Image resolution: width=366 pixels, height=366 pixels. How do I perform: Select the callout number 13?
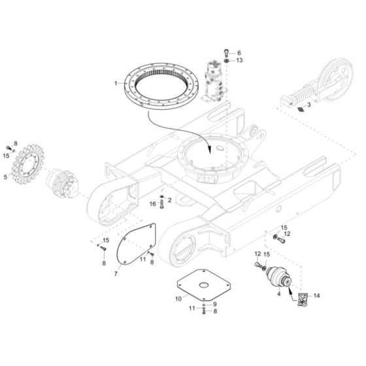[239, 60]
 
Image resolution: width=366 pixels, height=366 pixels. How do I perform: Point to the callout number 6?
[239, 53]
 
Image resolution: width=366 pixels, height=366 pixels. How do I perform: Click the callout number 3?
[308, 105]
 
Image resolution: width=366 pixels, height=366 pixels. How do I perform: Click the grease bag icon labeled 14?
[303, 299]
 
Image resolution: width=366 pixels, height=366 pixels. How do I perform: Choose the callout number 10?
[178, 299]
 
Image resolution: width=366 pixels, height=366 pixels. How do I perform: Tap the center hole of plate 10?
[204, 285]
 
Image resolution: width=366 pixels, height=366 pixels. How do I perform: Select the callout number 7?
[116, 273]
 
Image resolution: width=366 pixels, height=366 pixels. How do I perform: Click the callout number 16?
[153, 204]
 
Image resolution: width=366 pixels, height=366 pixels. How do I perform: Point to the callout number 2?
[170, 200]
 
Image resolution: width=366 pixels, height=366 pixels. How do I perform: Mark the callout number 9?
[215, 304]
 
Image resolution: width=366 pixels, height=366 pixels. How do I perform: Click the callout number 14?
[316, 295]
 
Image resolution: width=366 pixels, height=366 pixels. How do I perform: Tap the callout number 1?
[116, 84]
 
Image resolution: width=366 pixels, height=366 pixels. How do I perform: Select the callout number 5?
[5, 177]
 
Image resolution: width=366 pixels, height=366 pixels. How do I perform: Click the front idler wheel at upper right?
[336, 78]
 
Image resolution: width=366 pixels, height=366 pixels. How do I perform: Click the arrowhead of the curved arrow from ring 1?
[210, 150]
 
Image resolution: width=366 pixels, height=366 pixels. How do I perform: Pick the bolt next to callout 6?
[226, 53]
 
